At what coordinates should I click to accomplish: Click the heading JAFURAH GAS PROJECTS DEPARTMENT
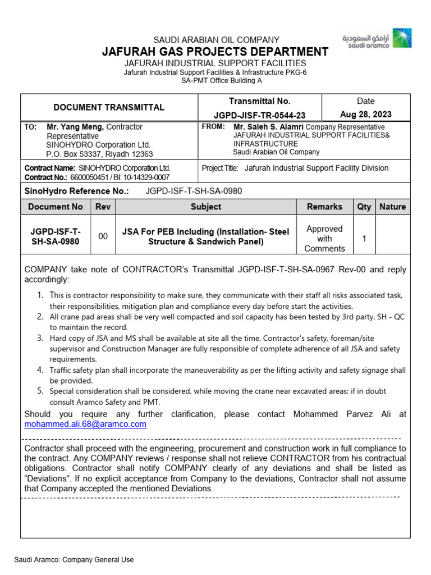point(215,52)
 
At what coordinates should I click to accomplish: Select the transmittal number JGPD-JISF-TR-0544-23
point(259,115)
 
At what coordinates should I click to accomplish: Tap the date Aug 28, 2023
point(365,115)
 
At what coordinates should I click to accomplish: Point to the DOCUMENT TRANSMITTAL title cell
point(109,107)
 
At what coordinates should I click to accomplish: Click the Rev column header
point(103,207)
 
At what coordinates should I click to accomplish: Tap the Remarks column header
point(324,207)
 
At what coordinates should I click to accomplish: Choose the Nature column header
point(392,207)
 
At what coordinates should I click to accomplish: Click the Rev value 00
point(103,237)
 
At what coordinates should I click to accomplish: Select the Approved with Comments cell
point(324,238)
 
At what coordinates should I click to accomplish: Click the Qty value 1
point(364,239)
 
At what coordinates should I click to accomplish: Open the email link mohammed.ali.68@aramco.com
point(85,425)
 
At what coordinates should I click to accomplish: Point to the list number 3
point(40,338)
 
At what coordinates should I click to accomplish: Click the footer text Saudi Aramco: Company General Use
point(74,560)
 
